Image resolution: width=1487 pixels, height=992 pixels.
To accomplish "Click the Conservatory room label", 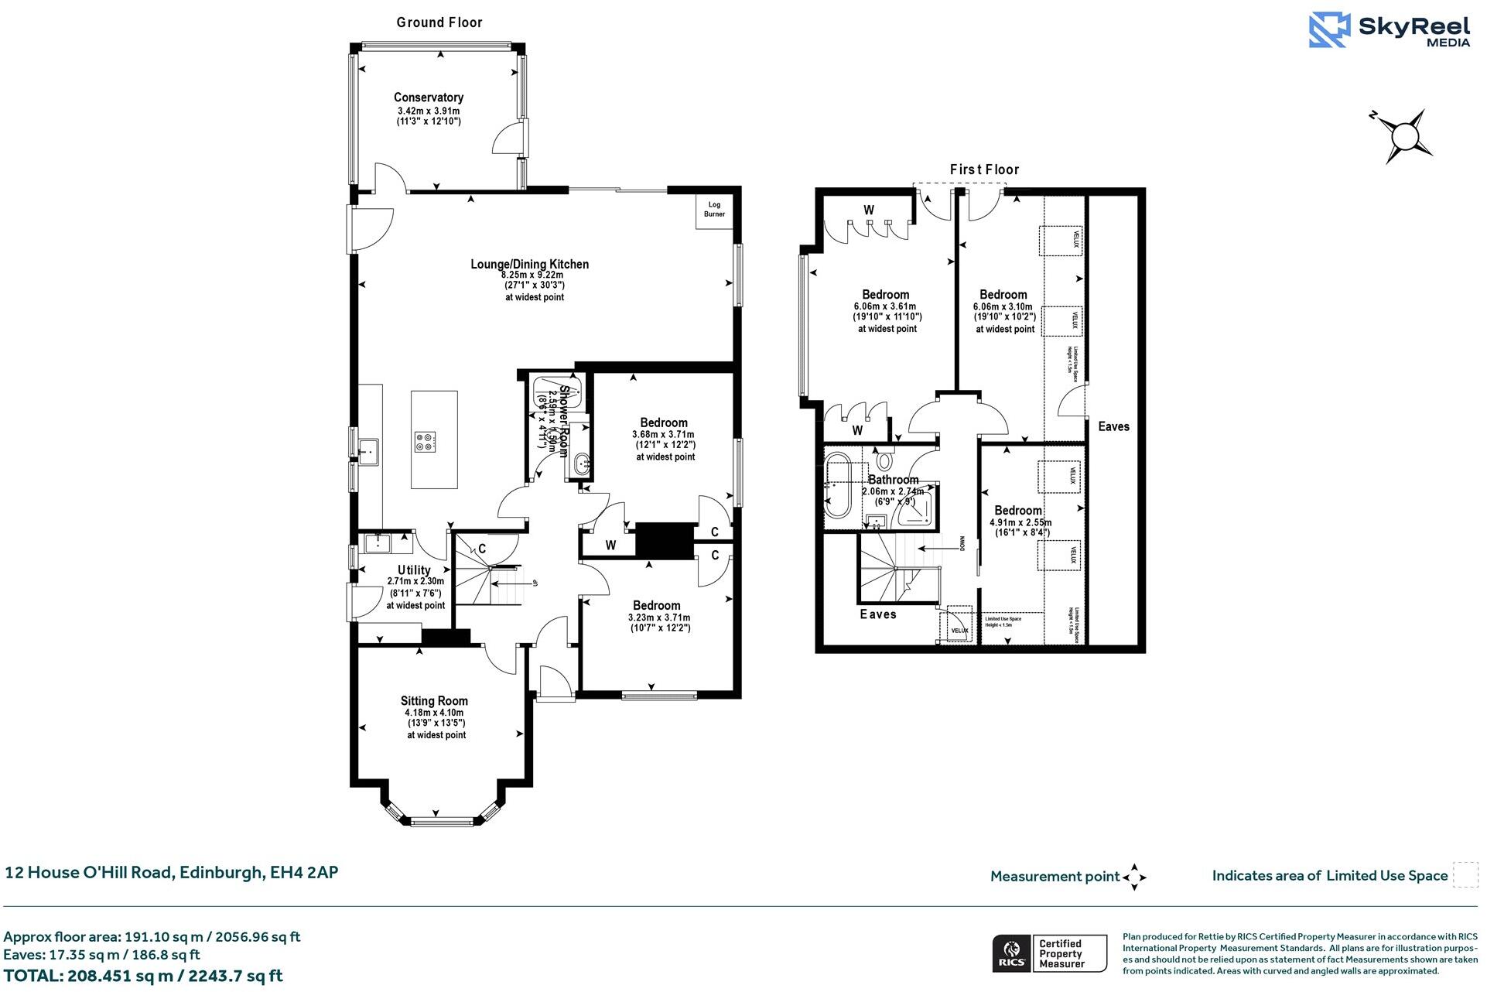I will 428,97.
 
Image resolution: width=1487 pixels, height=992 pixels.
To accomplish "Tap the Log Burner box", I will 714,210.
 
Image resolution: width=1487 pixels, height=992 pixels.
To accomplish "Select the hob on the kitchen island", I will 425,442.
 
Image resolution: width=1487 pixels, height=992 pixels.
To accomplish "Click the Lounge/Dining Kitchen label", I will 529,265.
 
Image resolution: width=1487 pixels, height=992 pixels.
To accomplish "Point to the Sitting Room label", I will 434,701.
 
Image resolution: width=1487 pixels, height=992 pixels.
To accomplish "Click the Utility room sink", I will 378,542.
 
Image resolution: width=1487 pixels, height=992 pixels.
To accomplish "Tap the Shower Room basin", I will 583,465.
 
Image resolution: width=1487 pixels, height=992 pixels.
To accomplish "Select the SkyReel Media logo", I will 1390,30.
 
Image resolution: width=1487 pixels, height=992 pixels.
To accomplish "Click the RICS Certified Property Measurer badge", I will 1049,954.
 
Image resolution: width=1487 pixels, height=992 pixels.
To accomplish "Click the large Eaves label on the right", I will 1113,426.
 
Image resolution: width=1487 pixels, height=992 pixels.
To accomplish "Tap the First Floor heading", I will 984,169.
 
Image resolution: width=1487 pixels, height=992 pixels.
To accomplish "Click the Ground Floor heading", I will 439,22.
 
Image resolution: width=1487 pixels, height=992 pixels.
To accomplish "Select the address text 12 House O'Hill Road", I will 171,873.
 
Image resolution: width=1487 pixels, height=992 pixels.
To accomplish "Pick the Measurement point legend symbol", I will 1134,877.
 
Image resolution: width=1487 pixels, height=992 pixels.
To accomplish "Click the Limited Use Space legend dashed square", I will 1465,875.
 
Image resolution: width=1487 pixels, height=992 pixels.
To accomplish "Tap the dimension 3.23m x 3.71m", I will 658,617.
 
